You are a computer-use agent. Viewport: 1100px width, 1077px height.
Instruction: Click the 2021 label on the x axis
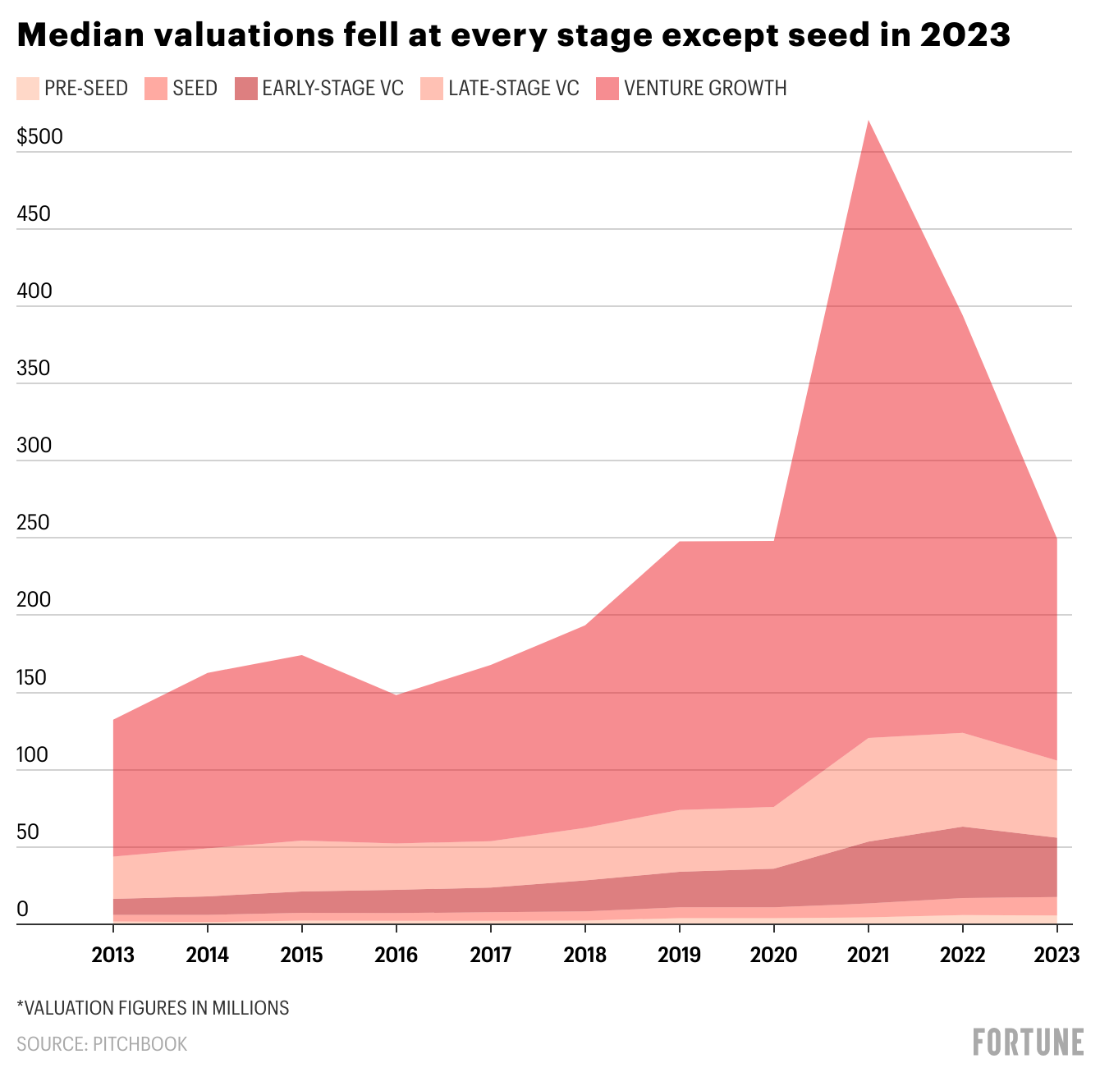point(869,955)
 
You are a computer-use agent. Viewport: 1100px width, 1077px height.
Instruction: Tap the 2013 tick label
point(113,955)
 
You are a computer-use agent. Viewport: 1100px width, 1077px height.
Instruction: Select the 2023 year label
point(1057,955)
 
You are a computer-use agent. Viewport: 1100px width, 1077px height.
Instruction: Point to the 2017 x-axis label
point(491,955)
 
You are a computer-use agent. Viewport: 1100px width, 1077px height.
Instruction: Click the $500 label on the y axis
point(39,137)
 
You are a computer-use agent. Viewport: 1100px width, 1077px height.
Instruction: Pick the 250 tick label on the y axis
point(34,523)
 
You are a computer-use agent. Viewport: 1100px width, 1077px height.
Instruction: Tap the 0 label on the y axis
point(22,909)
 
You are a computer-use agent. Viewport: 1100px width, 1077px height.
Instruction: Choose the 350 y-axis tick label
point(34,369)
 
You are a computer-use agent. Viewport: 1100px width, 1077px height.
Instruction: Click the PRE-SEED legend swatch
point(27,89)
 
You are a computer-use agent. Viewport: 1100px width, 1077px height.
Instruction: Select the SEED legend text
point(195,89)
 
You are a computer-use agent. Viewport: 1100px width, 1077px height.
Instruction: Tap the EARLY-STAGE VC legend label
point(332,89)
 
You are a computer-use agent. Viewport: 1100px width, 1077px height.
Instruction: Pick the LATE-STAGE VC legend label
point(514,89)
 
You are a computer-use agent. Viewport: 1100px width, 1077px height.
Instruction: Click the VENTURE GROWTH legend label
point(705,89)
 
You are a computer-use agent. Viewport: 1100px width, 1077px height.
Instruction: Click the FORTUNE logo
point(1028,1042)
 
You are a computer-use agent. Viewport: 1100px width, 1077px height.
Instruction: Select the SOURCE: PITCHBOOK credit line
point(102,1044)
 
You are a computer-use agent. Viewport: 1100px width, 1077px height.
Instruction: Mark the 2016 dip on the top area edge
point(396,695)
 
